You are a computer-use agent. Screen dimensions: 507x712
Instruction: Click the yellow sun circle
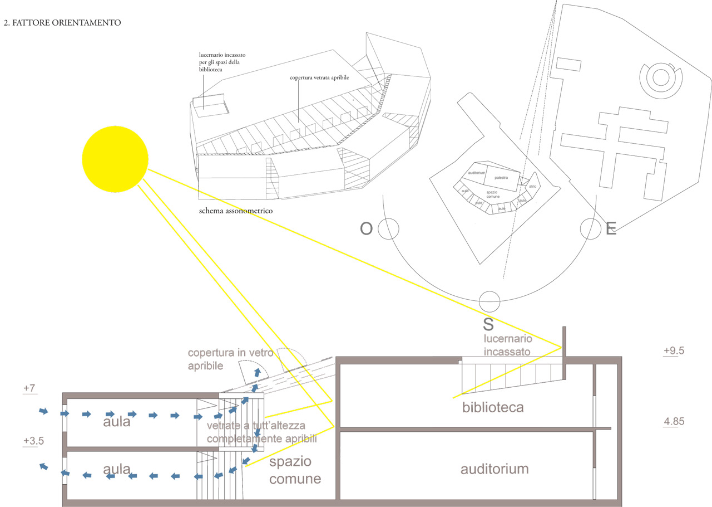pos(115,160)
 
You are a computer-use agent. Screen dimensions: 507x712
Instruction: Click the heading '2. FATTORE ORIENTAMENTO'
pos(62,23)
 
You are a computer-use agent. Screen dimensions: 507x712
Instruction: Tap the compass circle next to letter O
pos(389,228)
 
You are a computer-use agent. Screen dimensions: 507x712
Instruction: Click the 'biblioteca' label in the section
pos(493,407)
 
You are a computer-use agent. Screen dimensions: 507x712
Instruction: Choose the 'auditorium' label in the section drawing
pos(494,469)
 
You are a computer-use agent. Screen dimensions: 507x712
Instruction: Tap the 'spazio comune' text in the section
pos(295,470)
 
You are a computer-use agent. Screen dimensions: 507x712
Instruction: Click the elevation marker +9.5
pos(673,351)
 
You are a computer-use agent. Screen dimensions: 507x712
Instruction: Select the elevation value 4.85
pos(674,421)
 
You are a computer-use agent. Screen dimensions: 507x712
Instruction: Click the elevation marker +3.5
pos(33,441)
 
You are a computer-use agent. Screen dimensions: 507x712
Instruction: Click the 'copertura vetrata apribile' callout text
pos(319,78)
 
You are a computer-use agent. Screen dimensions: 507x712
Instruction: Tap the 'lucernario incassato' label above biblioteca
pos(507,345)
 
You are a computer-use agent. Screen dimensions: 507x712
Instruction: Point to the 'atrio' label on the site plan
pos(532,187)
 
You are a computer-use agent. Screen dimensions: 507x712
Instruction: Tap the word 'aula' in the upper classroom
pos(116,422)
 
